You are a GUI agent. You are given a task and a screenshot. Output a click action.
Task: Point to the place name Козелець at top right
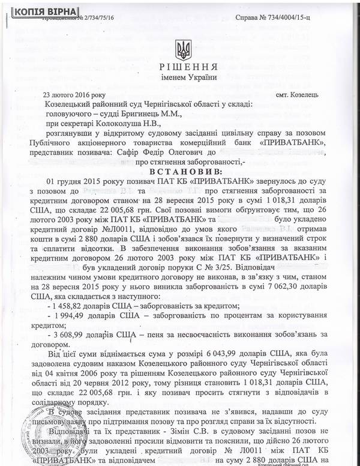tap(306, 95)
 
